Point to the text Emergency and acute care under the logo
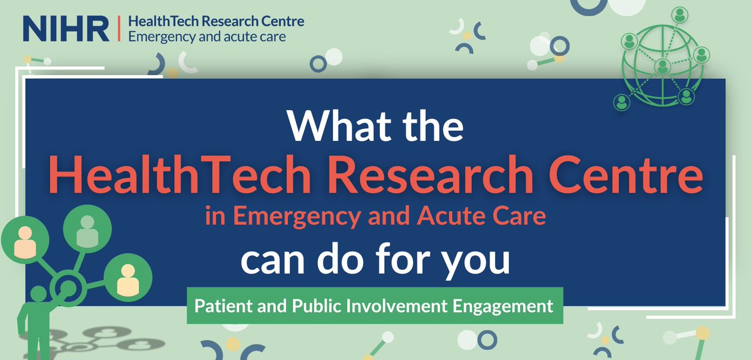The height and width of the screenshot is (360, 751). [x=207, y=36]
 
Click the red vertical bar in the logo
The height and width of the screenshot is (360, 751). [x=118, y=28]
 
